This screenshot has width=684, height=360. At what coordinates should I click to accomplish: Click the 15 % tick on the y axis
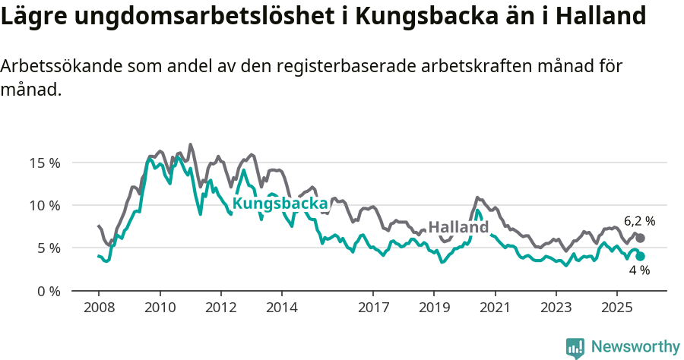pos(44,163)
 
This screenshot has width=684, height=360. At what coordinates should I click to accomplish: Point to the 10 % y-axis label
pos(44,205)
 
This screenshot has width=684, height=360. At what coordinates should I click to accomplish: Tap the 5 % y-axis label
pos(47,248)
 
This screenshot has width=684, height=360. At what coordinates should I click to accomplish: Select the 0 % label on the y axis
pos(47,291)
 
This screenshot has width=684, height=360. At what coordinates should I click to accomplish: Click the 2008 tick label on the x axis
pos(99,308)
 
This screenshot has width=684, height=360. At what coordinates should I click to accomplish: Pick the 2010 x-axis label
pos(160,308)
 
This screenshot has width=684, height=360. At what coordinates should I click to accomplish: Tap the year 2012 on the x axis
pos(220,308)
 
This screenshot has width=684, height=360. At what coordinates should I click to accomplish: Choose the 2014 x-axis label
pos(281,308)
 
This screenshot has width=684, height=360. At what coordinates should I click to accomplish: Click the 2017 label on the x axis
pos(373,308)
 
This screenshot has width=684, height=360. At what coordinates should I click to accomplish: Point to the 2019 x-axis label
pos(434,308)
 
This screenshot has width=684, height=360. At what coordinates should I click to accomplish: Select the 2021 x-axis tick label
pos(495,308)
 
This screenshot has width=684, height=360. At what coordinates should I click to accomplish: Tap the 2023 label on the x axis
pos(556,308)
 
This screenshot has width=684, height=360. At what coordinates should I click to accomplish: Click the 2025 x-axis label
pos(616,308)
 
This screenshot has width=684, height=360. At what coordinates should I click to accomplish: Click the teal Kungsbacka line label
pos(280,204)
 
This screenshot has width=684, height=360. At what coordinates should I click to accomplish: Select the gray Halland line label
pos(458,227)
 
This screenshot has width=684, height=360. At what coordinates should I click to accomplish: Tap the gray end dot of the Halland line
pos(641,238)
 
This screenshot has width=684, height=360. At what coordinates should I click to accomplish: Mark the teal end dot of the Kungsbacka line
pos(641,257)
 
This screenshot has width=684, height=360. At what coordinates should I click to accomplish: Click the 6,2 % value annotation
pos(639,221)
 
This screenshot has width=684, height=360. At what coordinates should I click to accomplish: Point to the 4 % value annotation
pos(639,270)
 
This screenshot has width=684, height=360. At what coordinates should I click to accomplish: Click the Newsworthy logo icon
pos(575,348)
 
